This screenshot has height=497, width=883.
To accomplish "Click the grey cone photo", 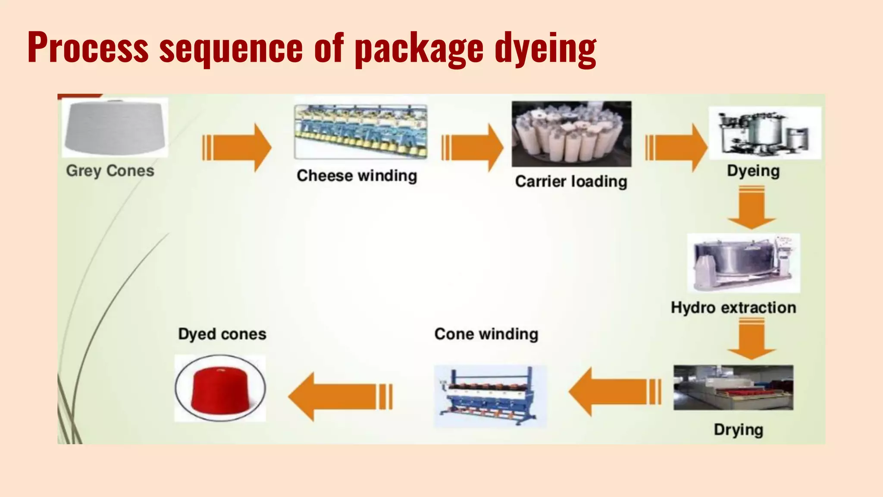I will coord(115,127).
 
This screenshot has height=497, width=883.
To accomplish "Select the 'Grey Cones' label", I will coord(110,171).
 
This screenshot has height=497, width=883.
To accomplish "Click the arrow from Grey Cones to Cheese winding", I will coord(237,148).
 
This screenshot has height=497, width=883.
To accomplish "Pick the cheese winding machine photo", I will coord(360,132).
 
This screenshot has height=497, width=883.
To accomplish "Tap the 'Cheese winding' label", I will coord(357,176).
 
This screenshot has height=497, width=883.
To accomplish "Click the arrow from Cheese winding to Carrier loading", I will coord(473,148).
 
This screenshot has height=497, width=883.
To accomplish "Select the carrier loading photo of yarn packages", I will coord(571,134).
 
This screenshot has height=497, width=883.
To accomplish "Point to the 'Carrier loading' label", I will coord(571,182).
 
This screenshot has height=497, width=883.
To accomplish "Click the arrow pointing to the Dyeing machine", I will coord(676,148).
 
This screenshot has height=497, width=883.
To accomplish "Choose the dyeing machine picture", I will coord(765,133).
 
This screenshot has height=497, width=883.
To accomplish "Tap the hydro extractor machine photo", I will coord(743,263).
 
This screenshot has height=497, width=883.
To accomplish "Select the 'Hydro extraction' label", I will coord(733,308).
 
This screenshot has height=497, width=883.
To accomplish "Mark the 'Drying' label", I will coord(738,430).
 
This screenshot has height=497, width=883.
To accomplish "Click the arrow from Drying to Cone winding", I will coord(614,392).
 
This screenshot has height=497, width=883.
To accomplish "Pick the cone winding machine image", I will coord(490,396).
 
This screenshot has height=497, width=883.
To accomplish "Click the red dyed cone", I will coord(220,388).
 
